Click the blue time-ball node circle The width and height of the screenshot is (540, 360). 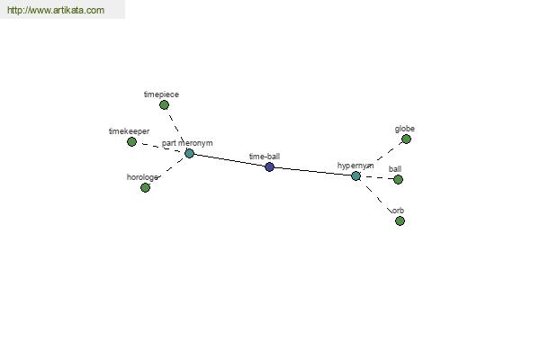coord(270,167)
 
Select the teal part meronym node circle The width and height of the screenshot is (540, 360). coord(189,153)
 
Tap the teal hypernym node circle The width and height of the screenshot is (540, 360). coord(356,176)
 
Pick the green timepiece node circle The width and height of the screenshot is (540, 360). coord(165,104)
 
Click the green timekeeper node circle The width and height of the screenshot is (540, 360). coord(131,141)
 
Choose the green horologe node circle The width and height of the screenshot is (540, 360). coord(145,187)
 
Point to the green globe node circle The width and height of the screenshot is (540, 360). coord(407,139)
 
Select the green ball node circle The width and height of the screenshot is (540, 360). coord(398,179)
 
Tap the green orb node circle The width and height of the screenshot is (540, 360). coord(400,220)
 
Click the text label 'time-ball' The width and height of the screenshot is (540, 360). coord(265,157)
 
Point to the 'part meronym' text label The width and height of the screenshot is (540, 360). coord(187,143)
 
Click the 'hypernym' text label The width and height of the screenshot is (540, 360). coord(355,166)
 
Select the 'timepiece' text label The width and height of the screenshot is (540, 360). coord(161,94)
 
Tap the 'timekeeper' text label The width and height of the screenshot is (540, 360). coord(129,131)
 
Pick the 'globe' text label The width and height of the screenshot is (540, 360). coord(405,129)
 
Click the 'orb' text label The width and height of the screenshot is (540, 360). coord(398,211)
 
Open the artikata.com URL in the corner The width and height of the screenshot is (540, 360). coord(56,10)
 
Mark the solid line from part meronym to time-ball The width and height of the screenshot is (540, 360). coord(229,160)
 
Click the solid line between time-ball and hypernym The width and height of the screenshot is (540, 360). coord(312,172)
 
